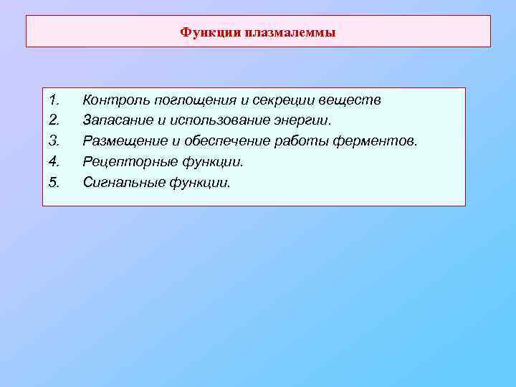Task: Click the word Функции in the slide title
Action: coord(210,32)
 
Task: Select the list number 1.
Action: coord(53,100)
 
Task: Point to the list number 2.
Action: coord(53,120)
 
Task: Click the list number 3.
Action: coord(53,141)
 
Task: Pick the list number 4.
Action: coord(53,162)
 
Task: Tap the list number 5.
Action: coord(53,183)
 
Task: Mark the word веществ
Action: coord(350,100)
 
